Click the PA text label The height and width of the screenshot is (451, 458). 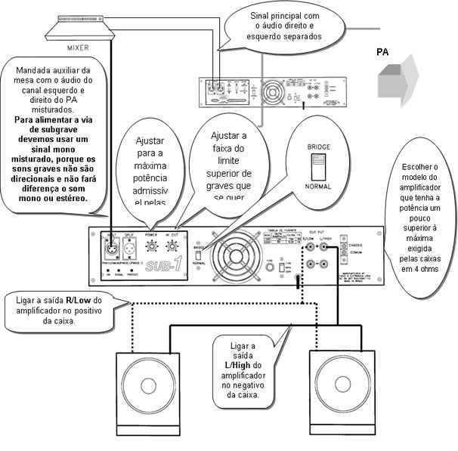385,52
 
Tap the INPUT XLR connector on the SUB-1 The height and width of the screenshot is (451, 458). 112,246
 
